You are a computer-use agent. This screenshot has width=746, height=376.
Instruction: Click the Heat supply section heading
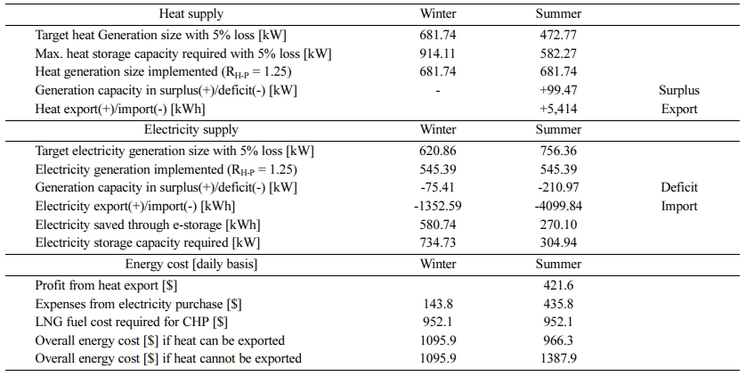pos(191,13)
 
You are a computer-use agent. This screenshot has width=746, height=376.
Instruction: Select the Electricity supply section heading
pos(191,129)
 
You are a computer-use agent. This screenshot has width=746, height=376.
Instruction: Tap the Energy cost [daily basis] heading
pos(191,264)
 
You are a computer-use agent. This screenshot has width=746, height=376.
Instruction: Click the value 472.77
pos(558,35)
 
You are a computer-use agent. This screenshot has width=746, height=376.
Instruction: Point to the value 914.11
pos(438,53)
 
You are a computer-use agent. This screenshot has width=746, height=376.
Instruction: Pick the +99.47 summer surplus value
pos(558,90)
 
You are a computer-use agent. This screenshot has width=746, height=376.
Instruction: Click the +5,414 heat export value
pos(558,109)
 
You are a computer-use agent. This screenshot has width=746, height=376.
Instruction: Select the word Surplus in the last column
pos(679,90)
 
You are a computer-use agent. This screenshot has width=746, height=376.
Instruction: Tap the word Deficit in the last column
pos(679,187)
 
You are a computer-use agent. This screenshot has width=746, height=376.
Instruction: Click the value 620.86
pos(438,151)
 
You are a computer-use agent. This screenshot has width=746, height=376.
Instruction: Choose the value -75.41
pos(438,187)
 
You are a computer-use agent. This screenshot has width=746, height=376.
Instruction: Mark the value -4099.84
pos(558,206)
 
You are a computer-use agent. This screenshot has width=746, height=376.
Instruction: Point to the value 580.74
pos(438,225)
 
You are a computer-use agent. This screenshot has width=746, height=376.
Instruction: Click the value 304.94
pos(558,242)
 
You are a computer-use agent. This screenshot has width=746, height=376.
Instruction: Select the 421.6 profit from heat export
pos(558,285)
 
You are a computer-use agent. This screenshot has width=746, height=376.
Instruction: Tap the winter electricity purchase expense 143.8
pos(438,304)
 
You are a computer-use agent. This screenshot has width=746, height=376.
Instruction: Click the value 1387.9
pos(558,358)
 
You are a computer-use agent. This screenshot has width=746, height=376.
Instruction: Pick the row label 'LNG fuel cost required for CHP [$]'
pos(132,323)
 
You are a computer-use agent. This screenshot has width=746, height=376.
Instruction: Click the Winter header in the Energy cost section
pos(438,264)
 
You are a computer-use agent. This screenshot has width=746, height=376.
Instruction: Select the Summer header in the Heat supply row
pos(558,13)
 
